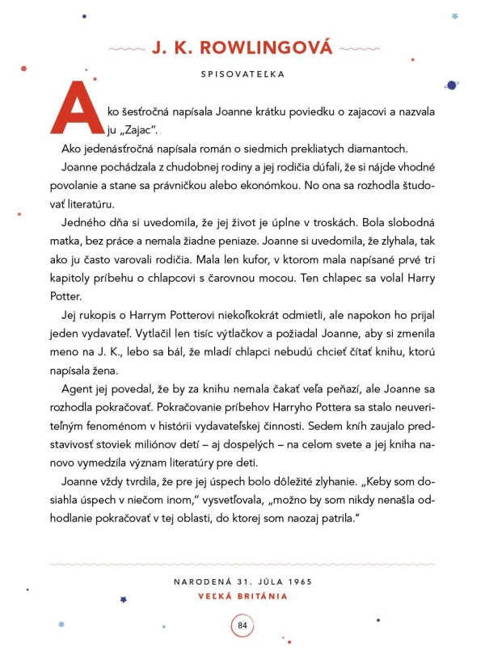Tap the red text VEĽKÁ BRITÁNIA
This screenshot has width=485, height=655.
point(242,597)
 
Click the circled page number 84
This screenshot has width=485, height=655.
point(242,624)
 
